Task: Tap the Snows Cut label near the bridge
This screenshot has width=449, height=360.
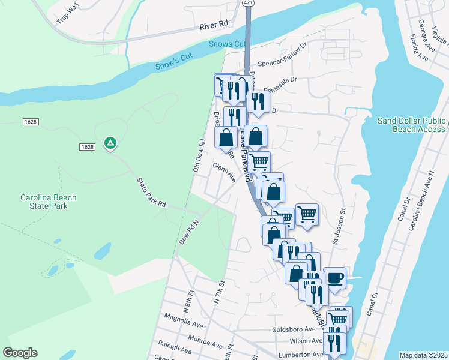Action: pos(228,44)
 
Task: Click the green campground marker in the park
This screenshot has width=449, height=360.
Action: pos(110,143)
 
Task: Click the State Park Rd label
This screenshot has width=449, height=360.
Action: pos(151,192)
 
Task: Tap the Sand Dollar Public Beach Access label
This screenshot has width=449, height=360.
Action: pos(412,124)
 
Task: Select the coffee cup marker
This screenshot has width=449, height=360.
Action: pos(334,278)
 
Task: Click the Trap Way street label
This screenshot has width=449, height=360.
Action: pos(67,15)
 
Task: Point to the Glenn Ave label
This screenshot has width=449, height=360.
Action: pos(223,172)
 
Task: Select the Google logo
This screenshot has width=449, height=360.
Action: pos(20,353)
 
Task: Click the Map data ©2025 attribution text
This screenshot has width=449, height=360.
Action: pos(423,355)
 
